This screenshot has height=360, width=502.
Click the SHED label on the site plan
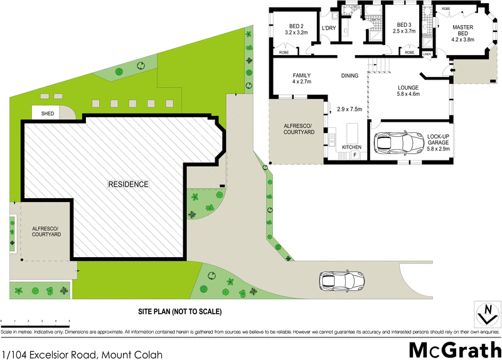(48, 114)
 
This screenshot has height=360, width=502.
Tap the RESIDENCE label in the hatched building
(128, 184)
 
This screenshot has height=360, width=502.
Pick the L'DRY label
(328, 29)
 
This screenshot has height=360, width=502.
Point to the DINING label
(350, 76)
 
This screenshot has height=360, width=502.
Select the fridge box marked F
(355, 154)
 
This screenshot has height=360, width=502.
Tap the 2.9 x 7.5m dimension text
(350, 109)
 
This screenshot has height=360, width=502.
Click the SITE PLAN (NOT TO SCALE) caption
(180, 311)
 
